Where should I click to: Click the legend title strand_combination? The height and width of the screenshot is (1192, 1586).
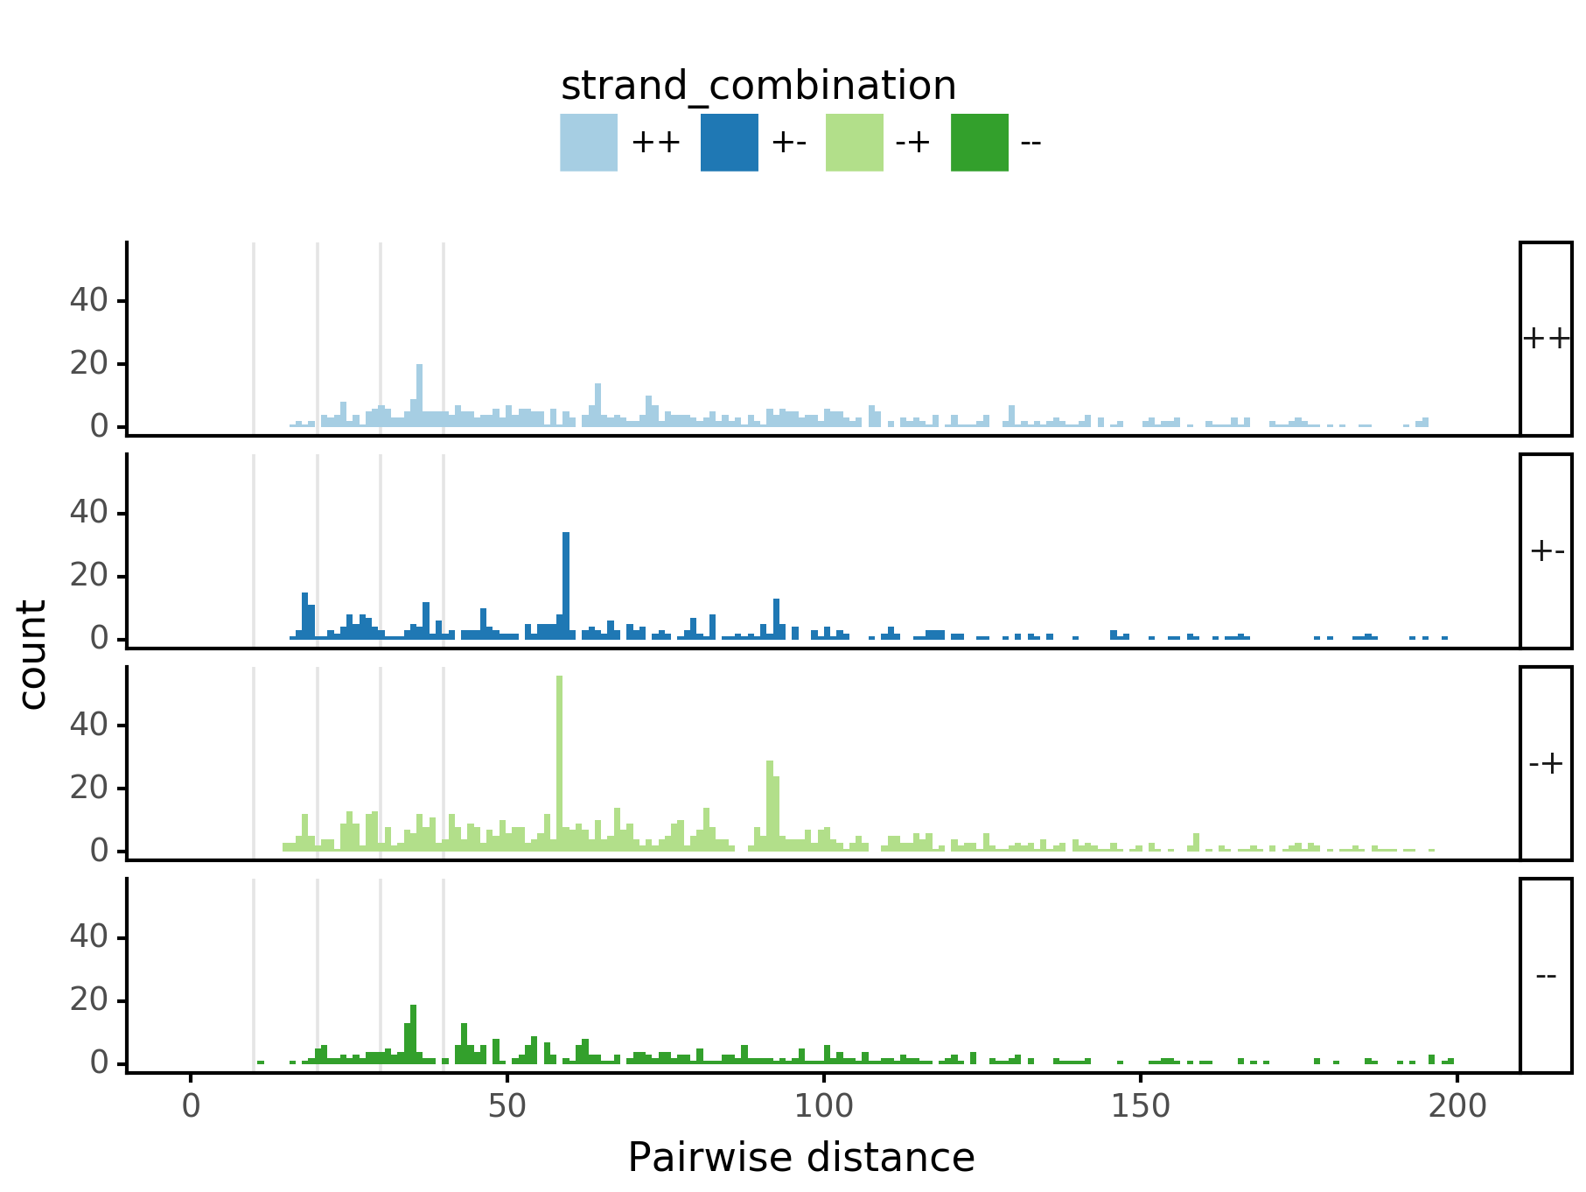758,86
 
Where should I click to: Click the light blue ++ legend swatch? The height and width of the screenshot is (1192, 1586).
589,143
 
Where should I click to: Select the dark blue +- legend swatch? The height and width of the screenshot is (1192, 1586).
729,143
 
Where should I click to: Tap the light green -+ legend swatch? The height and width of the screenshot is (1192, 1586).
854,143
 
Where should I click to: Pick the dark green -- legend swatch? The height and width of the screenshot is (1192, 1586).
979,143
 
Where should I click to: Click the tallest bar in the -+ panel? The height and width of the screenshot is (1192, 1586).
559,761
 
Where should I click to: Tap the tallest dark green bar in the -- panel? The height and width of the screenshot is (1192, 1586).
413,1034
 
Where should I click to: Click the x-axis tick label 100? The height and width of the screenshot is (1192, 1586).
823,1106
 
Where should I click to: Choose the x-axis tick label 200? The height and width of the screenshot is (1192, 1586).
1457,1106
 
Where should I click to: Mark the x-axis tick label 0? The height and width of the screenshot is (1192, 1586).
191,1106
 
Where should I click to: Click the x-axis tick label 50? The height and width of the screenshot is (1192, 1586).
507,1106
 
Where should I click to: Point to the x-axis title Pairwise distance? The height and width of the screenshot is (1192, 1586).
800,1157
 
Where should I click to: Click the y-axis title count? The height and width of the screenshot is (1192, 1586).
33,655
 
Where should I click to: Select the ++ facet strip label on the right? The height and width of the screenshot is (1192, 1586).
1546,339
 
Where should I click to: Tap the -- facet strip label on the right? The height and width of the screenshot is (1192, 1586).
1546,975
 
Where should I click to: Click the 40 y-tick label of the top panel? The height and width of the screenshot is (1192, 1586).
88,301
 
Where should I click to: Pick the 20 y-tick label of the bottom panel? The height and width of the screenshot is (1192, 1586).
88,1000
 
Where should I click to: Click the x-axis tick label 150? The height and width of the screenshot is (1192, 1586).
1140,1106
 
